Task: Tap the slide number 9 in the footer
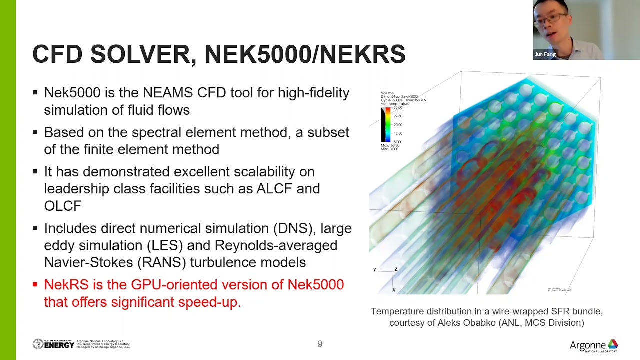pyautogui.click(x=320, y=344)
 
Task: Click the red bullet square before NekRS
pyautogui.click(x=35, y=285)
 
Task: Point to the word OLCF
pyautogui.click(x=62, y=205)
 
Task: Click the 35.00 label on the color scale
pyautogui.click(x=398, y=107)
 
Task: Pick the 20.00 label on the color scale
pyautogui.click(x=398, y=125)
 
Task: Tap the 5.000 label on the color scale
pyautogui.click(x=398, y=142)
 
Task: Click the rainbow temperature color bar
pyautogui.click(x=387, y=125)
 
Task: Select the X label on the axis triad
pyautogui.click(x=393, y=290)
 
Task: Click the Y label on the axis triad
pyautogui.click(x=374, y=270)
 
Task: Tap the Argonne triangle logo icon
pyautogui.click(x=612, y=344)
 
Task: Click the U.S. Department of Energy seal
pyautogui.click(x=38, y=344)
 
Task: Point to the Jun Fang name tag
pyautogui.click(x=545, y=54)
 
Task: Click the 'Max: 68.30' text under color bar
pyautogui.click(x=390, y=146)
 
